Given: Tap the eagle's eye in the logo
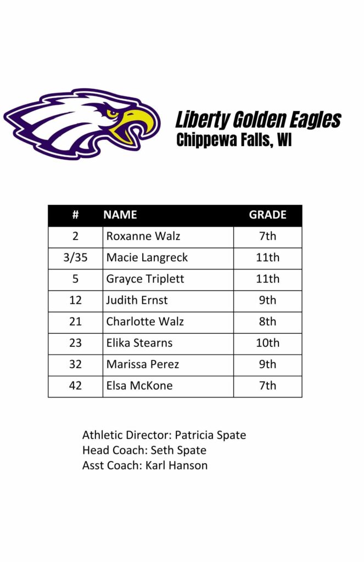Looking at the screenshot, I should point(112,113).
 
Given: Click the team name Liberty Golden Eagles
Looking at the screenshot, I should point(258,120).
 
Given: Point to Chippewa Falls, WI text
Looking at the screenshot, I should point(234,140).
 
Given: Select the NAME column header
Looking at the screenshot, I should point(120,215).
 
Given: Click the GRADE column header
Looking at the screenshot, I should point(267,215).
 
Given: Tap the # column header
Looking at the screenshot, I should point(75,215).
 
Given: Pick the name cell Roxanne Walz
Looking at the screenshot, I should point(143,237).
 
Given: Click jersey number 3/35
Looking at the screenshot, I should point(75,257).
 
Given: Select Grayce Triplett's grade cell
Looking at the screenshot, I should point(267,279).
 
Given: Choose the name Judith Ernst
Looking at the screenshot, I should point(137,300).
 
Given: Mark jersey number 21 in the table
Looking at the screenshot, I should point(75,322).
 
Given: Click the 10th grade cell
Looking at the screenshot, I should point(267,343).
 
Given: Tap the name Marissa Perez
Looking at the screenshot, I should point(143,364).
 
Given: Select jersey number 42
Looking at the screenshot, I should point(75,386).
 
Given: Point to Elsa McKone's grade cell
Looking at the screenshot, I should point(267,386).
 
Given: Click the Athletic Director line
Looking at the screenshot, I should point(164,435).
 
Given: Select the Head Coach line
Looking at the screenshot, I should point(144,451).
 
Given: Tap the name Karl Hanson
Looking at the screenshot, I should point(177,466).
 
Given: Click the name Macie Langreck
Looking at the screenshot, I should point(147,257).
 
